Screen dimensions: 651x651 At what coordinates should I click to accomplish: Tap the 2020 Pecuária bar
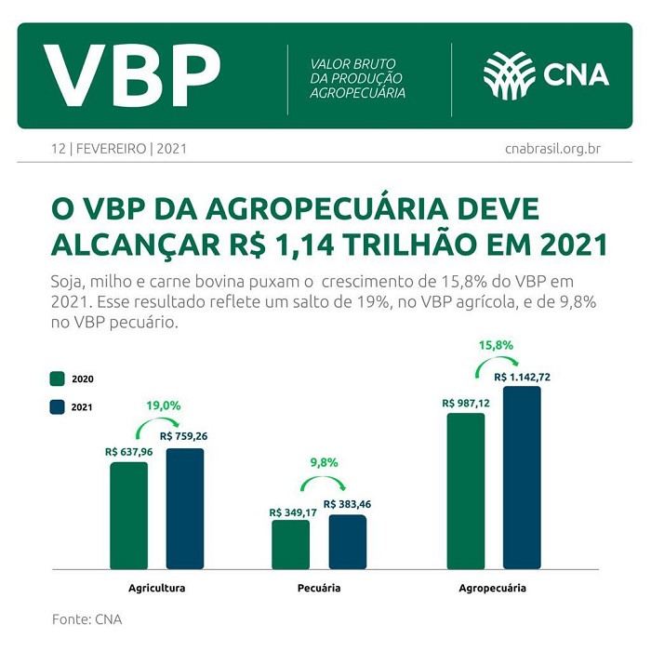click(290, 544)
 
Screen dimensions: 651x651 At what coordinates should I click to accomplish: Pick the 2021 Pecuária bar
click(347, 541)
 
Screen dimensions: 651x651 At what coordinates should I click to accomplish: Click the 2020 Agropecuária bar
click(465, 490)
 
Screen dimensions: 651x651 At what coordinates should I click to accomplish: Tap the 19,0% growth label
click(163, 405)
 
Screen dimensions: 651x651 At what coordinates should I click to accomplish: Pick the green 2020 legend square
click(57, 379)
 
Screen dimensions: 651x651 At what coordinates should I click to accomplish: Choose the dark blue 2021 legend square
click(57, 406)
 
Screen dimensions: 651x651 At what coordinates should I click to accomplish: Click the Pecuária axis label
click(319, 589)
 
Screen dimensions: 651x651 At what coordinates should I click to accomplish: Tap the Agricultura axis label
click(157, 589)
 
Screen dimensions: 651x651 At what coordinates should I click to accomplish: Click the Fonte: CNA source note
click(86, 618)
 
